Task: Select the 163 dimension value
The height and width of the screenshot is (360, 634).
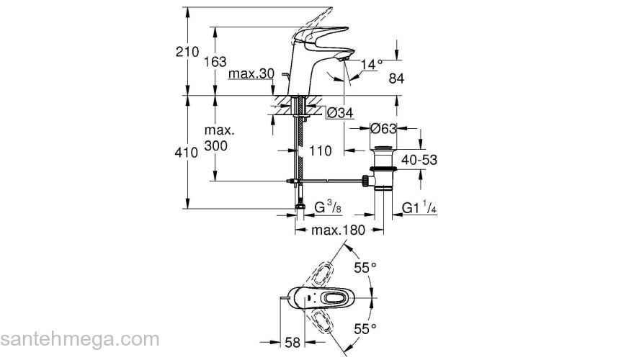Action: coord(215,62)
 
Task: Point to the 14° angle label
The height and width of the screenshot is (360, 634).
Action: coord(371,65)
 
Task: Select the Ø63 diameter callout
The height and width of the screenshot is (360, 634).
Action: coord(384,130)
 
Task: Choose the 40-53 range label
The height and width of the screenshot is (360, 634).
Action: coord(419,160)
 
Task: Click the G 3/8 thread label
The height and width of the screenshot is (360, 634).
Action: coord(327,208)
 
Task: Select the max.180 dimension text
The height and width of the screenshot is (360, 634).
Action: coord(339,230)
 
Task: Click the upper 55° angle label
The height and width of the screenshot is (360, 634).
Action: coord(365,268)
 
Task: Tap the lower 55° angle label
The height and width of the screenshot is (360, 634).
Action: coord(365,329)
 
